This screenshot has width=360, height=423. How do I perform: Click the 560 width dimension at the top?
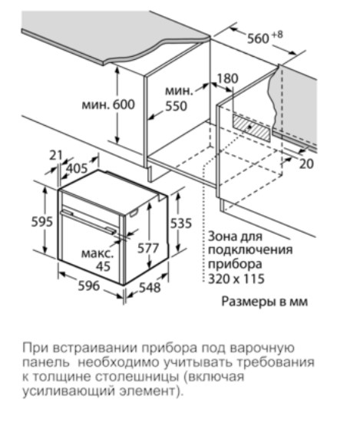(x=259, y=38)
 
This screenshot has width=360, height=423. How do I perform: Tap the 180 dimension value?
(x=228, y=78)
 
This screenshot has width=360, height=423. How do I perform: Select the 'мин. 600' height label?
(x=108, y=104)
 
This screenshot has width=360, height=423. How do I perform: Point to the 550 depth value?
(x=176, y=106)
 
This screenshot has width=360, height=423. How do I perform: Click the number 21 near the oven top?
(x=56, y=155)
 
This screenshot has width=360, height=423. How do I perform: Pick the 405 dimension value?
(x=77, y=169)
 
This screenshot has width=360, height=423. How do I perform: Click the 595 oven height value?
(x=42, y=222)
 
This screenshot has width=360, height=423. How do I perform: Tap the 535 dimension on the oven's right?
(x=181, y=223)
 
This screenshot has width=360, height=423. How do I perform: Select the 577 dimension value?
(x=148, y=248)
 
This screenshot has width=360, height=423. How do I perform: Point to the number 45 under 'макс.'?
(x=104, y=266)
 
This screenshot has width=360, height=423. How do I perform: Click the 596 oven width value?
(x=89, y=286)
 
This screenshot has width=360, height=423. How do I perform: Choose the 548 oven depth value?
(x=150, y=288)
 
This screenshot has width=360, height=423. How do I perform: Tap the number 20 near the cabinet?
(x=306, y=164)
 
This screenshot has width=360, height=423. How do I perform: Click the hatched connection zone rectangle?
(x=251, y=128)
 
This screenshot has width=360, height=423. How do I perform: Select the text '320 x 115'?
(x=236, y=279)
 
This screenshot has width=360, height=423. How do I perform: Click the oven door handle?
(x=88, y=221)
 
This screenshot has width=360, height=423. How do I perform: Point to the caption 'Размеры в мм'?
(x=265, y=302)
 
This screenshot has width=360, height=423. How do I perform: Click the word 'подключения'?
(x=250, y=250)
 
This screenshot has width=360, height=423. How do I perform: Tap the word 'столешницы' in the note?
(x=137, y=377)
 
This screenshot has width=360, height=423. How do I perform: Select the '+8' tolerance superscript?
(x=277, y=35)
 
